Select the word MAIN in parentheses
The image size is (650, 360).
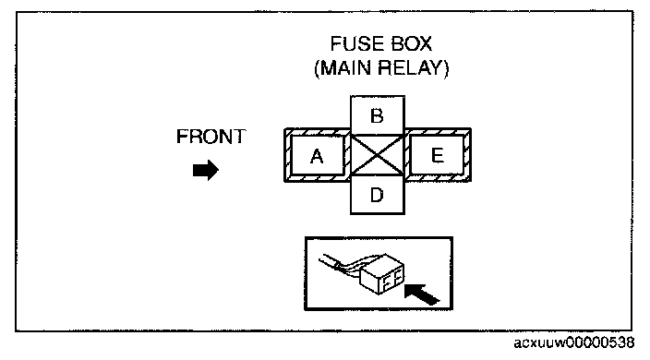tap(346, 68)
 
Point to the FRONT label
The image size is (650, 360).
tap(211, 137)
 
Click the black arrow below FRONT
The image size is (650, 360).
tap(206, 170)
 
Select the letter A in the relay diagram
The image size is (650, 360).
tap(317, 156)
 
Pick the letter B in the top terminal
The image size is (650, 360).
tap(377, 116)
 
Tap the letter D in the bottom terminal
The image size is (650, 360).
tap(377, 195)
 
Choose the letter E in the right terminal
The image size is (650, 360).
tap(438, 155)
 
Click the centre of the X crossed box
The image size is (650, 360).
tap(378, 155)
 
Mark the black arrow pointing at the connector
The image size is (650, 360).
tap(422, 294)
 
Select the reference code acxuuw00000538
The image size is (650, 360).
tap(573, 343)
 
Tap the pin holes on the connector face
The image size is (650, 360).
tap(391, 279)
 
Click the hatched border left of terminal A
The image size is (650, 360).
tap(288, 155)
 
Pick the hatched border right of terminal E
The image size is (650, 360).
tap(467, 155)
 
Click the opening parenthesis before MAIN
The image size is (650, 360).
tap(317, 68)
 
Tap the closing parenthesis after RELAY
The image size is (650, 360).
tap(446, 68)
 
